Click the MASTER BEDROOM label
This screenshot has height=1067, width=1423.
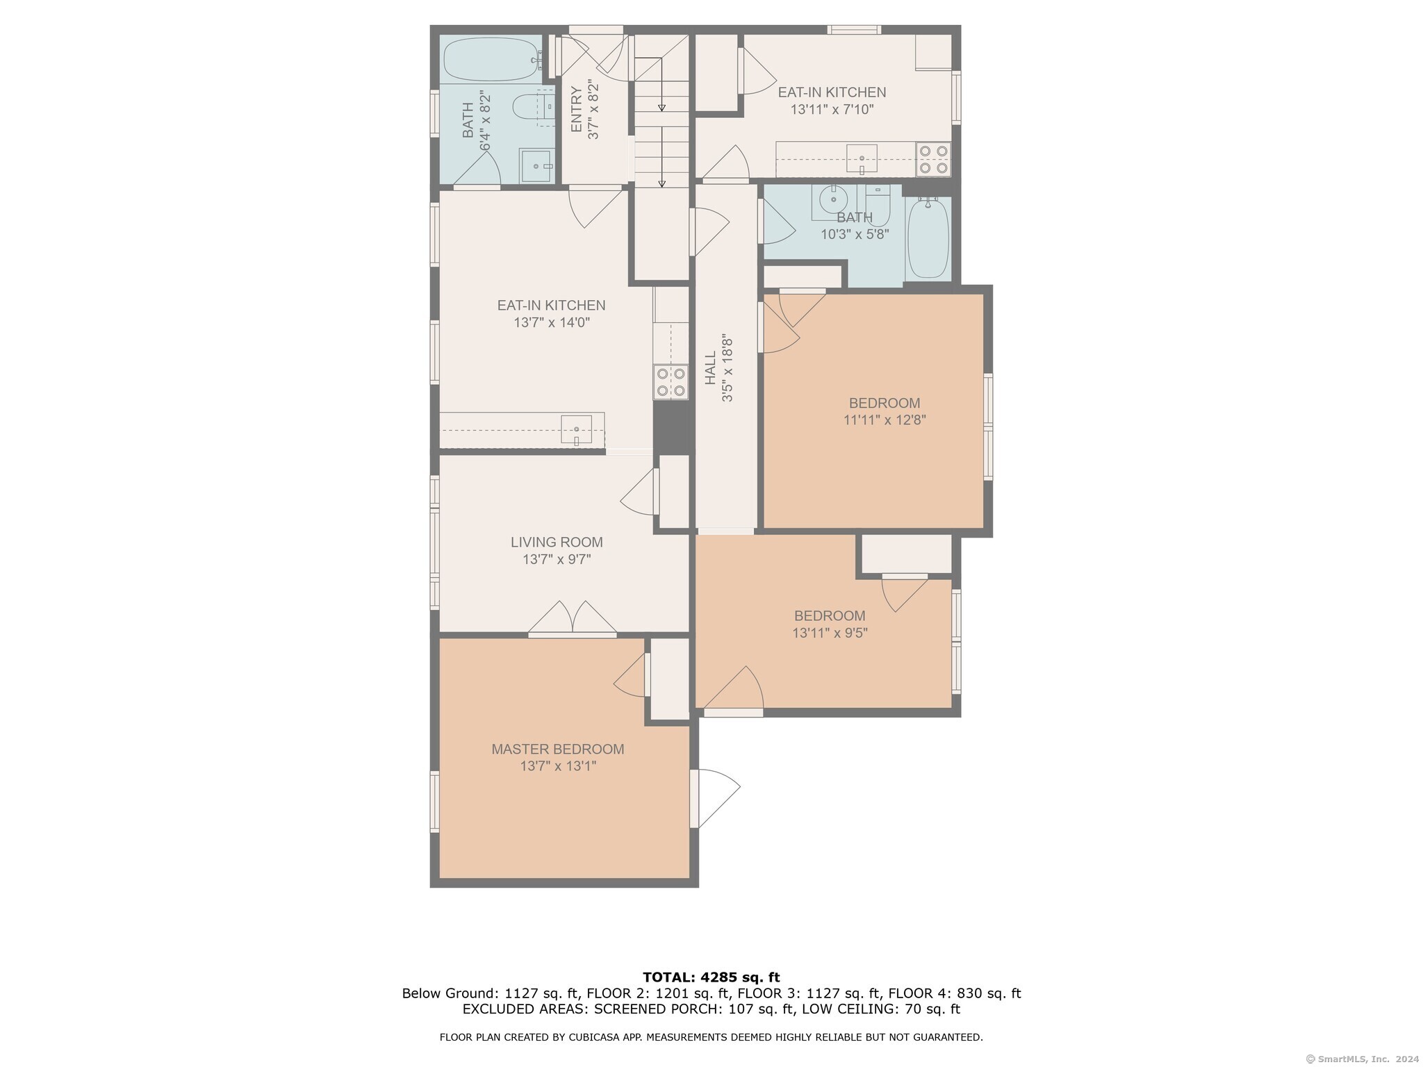coord(557,749)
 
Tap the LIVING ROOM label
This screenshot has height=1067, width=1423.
coord(557,542)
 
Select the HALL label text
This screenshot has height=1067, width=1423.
coord(710,368)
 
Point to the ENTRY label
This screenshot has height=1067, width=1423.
coord(577,109)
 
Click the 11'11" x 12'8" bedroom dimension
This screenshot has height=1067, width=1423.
coord(885,420)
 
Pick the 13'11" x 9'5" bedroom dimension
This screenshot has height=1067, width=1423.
coord(830,633)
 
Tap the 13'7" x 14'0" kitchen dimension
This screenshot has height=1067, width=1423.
coord(552,322)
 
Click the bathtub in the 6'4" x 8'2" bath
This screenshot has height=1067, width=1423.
coord(492,60)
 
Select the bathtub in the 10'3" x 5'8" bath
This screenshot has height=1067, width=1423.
coord(928,238)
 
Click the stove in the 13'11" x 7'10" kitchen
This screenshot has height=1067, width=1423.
coord(933,158)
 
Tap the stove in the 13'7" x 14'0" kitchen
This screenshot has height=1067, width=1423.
coord(671,382)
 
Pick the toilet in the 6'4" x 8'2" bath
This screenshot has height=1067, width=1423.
coord(533,108)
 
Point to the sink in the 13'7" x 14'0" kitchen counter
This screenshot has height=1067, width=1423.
coord(576,429)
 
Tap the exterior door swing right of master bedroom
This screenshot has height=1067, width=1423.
coord(715,797)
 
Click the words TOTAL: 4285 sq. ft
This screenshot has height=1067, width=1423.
coord(711,977)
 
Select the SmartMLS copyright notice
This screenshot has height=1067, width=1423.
coord(1363,1059)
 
